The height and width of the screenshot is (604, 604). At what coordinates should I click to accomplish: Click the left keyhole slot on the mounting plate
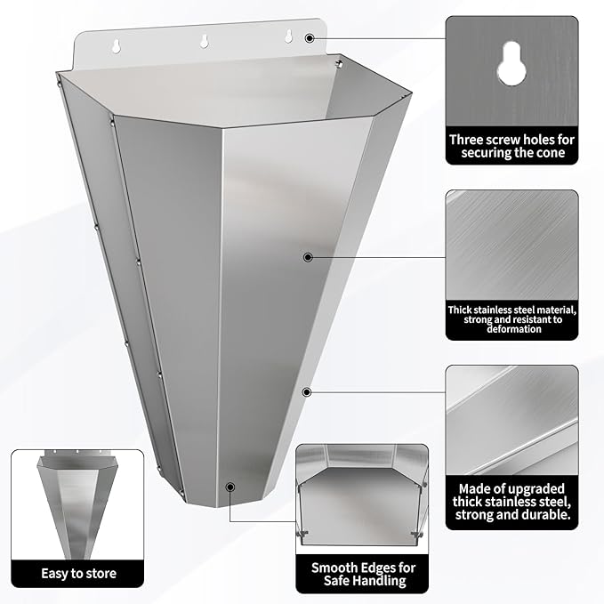[116, 46]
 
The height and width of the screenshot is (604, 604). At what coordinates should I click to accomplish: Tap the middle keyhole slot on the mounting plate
[205, 41]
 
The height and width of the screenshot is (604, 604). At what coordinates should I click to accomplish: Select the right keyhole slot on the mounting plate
[288, 36]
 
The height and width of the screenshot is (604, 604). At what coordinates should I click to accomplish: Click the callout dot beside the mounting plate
[310, 38]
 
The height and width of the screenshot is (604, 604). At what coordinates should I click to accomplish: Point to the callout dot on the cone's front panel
[308, 257]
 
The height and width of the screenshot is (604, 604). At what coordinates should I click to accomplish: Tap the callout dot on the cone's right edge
[307, 392]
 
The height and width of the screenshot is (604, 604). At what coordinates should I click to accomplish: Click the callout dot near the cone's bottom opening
[230, 487]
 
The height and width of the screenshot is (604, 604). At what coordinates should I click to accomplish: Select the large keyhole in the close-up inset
[511, 64]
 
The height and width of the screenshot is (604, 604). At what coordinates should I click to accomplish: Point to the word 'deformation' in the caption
[514, 329]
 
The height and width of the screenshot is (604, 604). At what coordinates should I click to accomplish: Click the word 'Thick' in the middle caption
[460, 310]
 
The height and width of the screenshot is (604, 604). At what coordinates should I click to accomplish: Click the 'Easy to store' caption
[78, 574]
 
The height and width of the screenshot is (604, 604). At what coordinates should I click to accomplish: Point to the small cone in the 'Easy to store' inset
[77, 504]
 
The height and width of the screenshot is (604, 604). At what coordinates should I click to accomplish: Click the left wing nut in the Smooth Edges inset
[302, 533]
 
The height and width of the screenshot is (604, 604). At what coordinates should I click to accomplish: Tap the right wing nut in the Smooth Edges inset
[417, 535]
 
